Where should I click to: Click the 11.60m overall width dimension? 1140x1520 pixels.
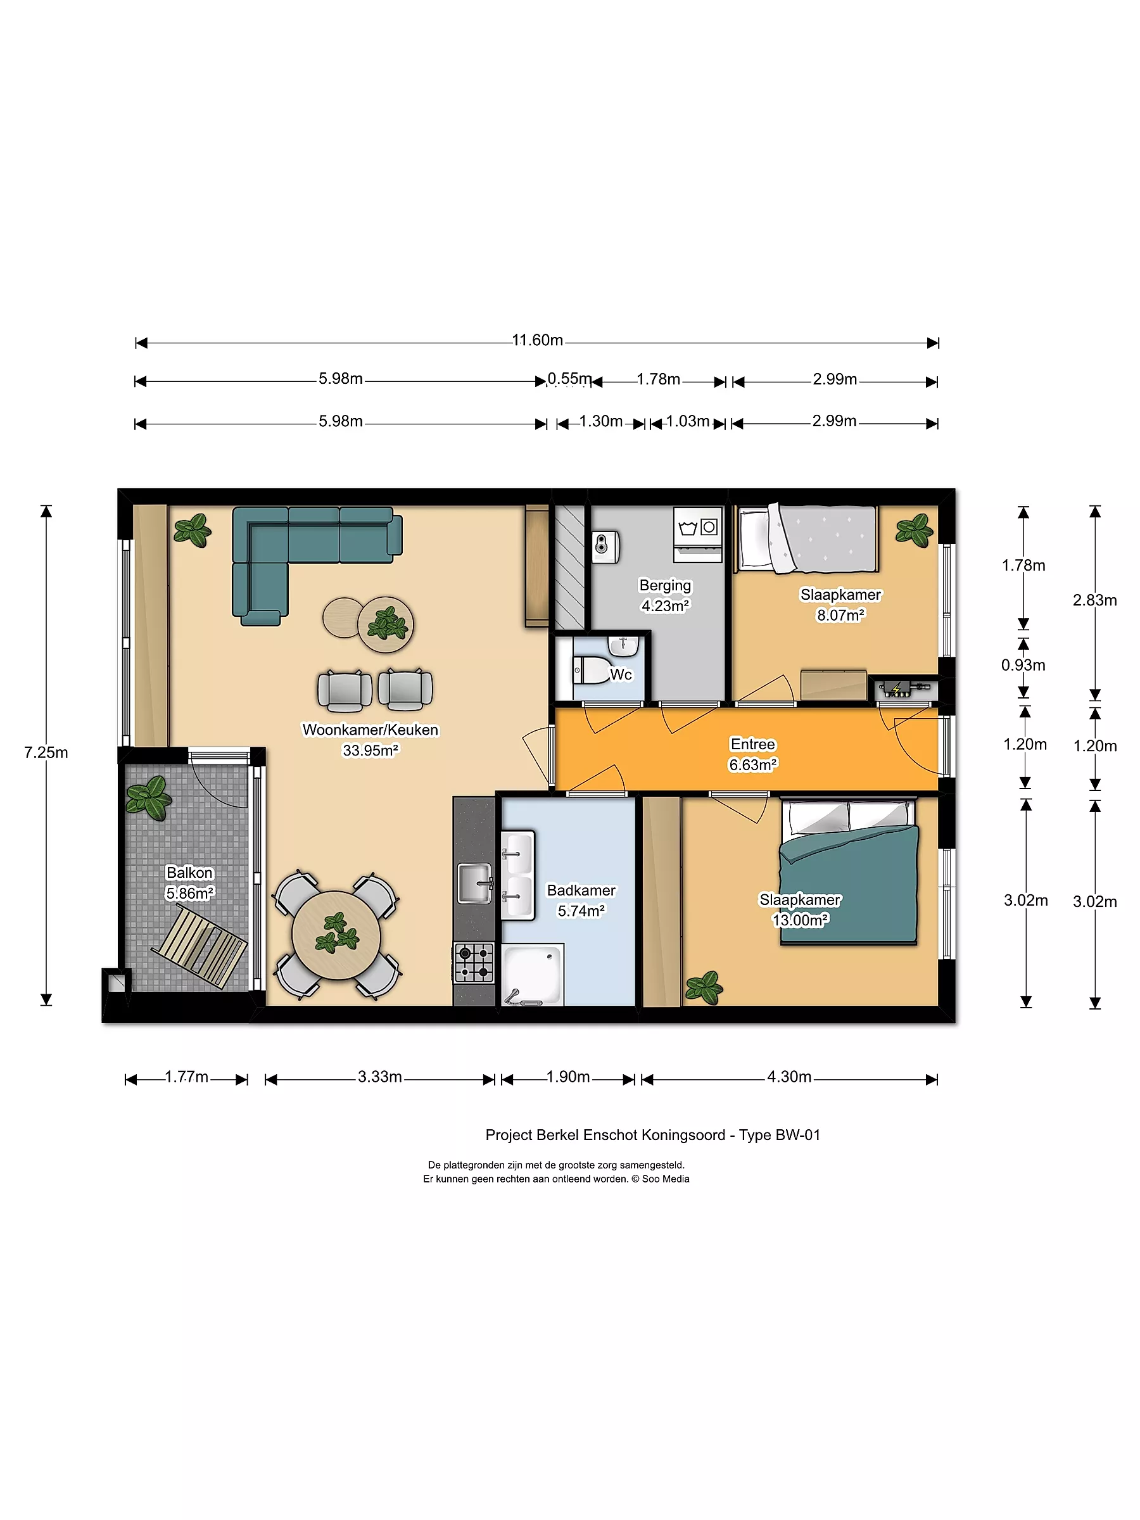[x=537, y=341]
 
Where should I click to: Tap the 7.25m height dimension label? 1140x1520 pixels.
[x=46, y=752]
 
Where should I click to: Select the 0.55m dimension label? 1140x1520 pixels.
[x=569, y=379]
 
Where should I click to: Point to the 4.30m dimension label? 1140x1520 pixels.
[x=789, y=1077]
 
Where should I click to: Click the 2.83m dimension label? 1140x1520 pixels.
[x=1094, y=600]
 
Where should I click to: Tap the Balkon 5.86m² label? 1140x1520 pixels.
[x=189, y=883]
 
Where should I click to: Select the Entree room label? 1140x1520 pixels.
[x=753, y=744]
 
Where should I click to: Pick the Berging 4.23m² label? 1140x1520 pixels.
[x=665, y=595]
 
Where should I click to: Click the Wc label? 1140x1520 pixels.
[x=621, y=674]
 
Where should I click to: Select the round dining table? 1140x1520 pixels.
[x=336, y=935]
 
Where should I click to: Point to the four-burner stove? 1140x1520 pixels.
[x=474, y=963]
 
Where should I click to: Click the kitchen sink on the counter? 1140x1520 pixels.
[x=475, y=883]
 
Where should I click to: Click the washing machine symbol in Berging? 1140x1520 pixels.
[x=697, y=535]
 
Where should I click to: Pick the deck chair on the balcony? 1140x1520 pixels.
[x=200, y=946]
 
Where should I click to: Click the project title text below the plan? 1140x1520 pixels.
[x=653, y=1134]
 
